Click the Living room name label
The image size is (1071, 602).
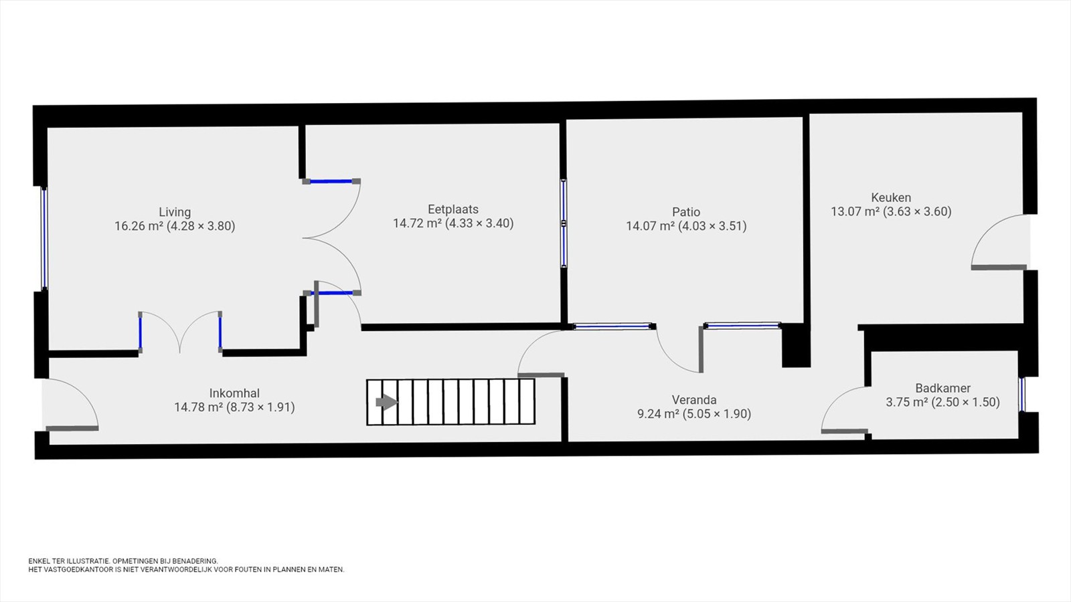tap(175, 211)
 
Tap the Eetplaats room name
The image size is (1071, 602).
tap(452, 209)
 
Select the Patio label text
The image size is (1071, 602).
tap(686, 211)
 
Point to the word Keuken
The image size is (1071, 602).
tap(891, 197)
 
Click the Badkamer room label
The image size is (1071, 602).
tap(943, 388)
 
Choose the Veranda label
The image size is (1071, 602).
tap(693, 399)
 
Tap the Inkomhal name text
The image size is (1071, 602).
tap(234, 393)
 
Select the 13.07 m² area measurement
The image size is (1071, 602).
tap(855, 211)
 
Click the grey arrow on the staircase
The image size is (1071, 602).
tap(386, 402)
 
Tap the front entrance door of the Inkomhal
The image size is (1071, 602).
tap(71, 404)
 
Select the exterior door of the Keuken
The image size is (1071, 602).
tap(999, 242)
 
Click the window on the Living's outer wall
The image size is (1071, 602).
tap(44, 238)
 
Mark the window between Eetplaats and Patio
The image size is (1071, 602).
tap(564, 223)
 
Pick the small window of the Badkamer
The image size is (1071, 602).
tap(1021, 394)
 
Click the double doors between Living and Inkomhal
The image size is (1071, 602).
tap(180, 332)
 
